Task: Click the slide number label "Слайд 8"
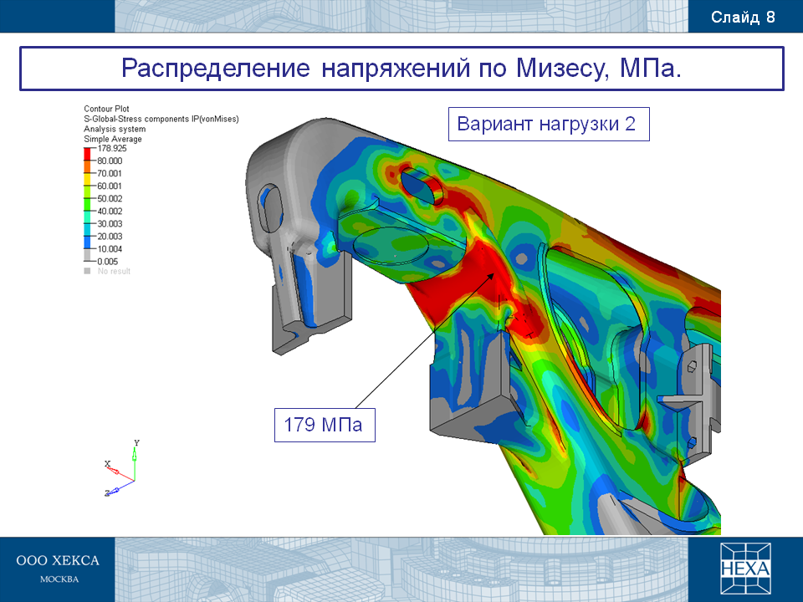pyautogui.click(x=743, y=18)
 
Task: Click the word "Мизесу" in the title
pyautogui.click(x=563, y=68)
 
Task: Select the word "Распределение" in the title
pyautogui.click(x=216, y=69)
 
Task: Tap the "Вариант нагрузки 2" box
pyautogui.click(x=549, y=124)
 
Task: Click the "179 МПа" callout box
pyautogui.click(x=325, y=425)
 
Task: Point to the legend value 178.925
pyautogui.click(x=112, y=149)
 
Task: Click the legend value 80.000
pyautogui.click(x=110, y=161)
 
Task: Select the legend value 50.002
pyautogui.click(x=110, y=199)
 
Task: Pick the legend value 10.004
pyautogui.click(x=110, y=249)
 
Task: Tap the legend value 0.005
pyautogui.click(x=108, y=262)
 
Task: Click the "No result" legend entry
pyautogui.click(x=108, y=271)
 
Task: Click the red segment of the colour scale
pyautogui.click(x=87, y=154)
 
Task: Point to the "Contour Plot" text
pyautogui.click(x=106, y=109)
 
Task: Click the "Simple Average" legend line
pyautogui.click(x=113, y=139)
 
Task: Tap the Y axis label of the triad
pyautogui.click(x=136, y=443)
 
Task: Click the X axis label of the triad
pyautogui.click(x=108, y=464)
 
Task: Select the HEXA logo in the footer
pyautogui.click(x=745, y=569)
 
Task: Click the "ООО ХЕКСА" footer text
pyautogui.click(x=58, y=560)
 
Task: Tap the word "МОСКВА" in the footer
pyautogui.click(x=59, y=579)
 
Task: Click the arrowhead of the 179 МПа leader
pyautogui.click(x=492, y=275)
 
